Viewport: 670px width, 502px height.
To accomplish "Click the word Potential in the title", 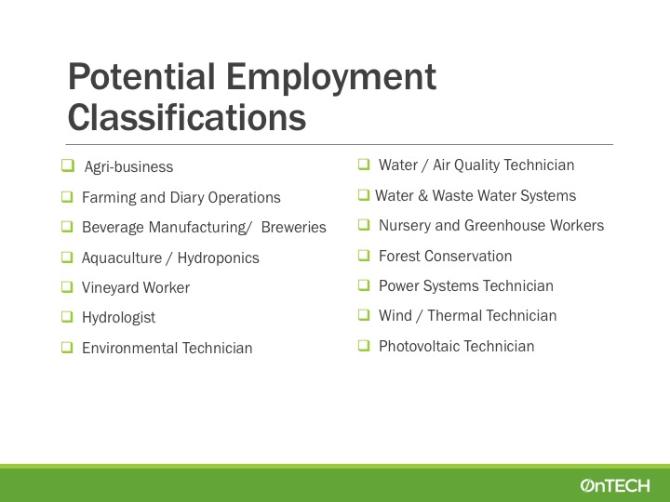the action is (x=141, y=76).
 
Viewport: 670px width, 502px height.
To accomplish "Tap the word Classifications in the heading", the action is (x=187, y=117).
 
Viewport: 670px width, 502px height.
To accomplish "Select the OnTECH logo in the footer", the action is (x=615, y=485).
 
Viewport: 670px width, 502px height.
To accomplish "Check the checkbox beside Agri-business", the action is (x=68, y=165).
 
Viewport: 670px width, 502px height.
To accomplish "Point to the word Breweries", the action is (x=293, y=227).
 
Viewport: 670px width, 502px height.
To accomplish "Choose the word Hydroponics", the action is (x=219, y=258).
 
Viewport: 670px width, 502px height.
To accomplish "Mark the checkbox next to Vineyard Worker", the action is (x=67, y=287).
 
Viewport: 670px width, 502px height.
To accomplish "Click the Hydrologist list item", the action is (x=118, y=318).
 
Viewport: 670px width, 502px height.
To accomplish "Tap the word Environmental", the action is (x=130, y=348).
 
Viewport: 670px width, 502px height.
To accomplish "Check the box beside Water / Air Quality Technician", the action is (x=364, y=164).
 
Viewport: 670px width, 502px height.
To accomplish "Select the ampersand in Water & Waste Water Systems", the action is (x=423, y=196).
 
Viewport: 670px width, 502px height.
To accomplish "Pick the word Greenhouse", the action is (x=505, y=225).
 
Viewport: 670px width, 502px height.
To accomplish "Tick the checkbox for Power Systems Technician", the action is (x=364, y=284).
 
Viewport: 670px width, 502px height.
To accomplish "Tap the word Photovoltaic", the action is (x=424, y=346).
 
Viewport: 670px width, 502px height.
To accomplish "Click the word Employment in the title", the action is (x=331, y=77).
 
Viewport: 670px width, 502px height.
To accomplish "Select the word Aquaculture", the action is (x=122, y=258).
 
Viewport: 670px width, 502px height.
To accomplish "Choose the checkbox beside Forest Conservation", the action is (x=364, y=255).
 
